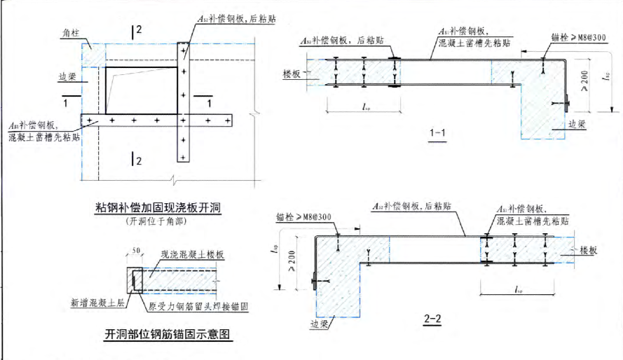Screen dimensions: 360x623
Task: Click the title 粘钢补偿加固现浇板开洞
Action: tap(158, 208)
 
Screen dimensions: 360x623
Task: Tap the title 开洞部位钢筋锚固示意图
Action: tap(167, 334)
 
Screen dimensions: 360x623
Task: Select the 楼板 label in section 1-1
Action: tap(292, 72)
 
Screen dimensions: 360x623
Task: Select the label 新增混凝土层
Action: tap(94, 303)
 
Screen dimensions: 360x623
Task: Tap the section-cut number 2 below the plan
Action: tap(139, 162)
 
